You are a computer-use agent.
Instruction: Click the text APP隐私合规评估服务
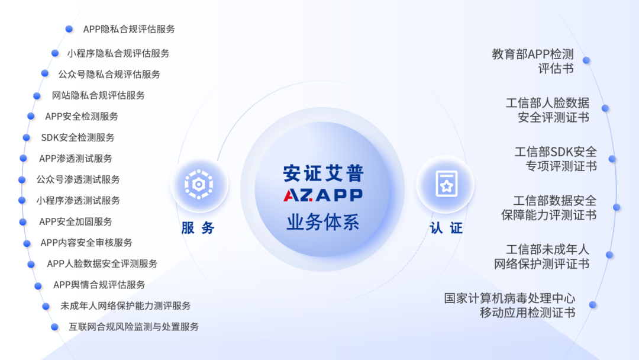[x=129, y=29]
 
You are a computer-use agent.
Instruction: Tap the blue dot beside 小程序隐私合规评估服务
[x=55, y=53]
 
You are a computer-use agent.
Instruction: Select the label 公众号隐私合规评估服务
[x=109, y=74]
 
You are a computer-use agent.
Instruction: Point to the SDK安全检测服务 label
[x=78, y=137]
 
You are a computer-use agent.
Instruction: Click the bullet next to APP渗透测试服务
[x=23, y=158]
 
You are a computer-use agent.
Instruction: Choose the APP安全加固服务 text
[x=75, y=221]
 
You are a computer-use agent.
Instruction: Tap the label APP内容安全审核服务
[x=86, y=243]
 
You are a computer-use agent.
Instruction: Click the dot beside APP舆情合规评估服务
[x=38, y=286]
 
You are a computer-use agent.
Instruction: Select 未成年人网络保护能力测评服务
[x=125, y=306]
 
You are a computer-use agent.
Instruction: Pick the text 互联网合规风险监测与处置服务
[x=134, y=327]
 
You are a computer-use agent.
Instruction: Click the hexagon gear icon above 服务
[x=199, y=184]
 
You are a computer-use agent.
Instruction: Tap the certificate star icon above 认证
[x=446, y=184]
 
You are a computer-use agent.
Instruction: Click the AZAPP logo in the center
[x=323, y=195]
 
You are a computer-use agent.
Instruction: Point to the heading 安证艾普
[x=323, y=173]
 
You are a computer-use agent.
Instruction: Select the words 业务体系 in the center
[x=323, y=222]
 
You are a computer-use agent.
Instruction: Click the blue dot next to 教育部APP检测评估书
[x=586, y=60]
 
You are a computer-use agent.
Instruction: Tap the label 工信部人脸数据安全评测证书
[x=547, y=110]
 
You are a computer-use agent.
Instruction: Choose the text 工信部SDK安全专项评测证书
[x=556, y=159]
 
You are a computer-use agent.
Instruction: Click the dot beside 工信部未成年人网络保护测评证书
[x=609, y=255]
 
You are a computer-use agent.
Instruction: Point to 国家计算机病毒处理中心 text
[x=509, y=298]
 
